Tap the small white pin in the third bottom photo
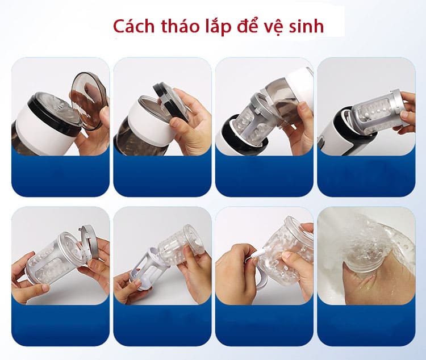pyautogui.click(x=249, y=260)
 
